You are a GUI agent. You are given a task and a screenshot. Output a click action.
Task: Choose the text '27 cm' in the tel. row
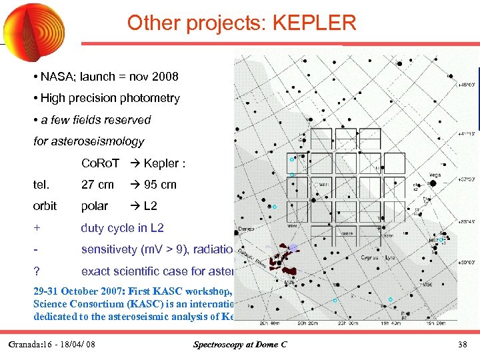97,185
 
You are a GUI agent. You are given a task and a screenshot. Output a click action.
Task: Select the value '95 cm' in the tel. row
160,185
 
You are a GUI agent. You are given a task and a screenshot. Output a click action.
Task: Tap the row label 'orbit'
45,206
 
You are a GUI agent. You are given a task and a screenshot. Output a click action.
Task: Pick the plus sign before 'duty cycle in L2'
37,228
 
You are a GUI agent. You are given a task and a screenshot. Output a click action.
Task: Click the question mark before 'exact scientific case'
37,271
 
